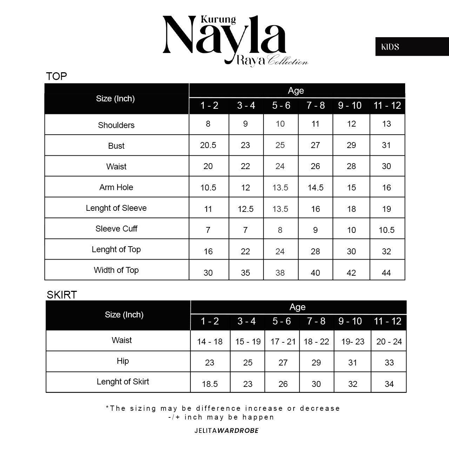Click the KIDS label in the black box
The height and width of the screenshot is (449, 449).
tap(390, 47)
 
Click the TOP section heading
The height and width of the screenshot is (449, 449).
tap(56, 76)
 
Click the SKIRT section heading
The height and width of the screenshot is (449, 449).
tap(62, 295)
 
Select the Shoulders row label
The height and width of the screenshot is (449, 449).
tap(116, 125)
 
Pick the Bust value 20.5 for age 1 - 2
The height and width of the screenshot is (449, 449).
tap(208, 145)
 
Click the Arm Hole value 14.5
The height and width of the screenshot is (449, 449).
tap(315, 188)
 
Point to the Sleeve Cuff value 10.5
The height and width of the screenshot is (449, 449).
tap(387, 230)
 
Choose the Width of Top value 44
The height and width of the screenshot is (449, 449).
tap(386, 273)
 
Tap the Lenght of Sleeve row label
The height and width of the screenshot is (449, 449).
tap(116, 208)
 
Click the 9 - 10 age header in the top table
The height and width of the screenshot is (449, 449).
tap(350, 106)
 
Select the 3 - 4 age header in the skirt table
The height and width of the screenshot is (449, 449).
tap(247, 321)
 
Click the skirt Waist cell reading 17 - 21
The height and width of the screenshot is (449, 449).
tap(283, 342)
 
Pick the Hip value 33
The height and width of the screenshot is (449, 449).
tap(389, 363)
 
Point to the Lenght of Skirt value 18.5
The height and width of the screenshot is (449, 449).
tap(210, 384)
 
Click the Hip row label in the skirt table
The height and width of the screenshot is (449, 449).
tap(123, 361)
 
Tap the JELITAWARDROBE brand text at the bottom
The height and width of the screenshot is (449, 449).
tap(227, 430)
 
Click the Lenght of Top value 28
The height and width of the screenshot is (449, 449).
tap(315, 252)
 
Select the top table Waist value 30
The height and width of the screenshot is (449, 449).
tap(386, 166)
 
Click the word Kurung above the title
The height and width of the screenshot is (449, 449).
tap(218, 20)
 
